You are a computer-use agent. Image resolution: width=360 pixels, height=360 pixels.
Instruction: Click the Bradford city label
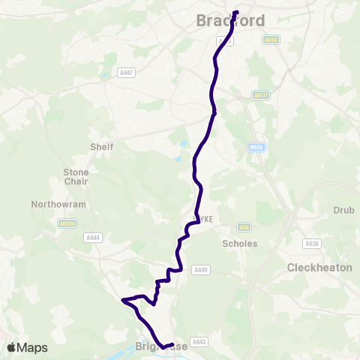(230, 21)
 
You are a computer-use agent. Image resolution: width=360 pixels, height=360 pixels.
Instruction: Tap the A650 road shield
(271, 40)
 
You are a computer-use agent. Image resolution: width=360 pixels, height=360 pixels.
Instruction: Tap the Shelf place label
(101, 147)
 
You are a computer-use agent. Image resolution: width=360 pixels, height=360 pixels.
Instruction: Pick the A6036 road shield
(67, 223)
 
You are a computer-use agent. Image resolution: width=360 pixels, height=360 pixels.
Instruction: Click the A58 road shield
(243, 227)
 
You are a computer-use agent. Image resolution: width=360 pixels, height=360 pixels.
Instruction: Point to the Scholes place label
(240, 244)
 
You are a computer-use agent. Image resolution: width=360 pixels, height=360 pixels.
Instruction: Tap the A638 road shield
(310, 244)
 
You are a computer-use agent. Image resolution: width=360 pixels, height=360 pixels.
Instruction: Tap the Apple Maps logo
(26, 347)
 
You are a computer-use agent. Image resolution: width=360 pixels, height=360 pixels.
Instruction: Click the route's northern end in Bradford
(235, 12)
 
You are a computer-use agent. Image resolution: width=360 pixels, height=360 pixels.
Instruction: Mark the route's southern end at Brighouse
(164, 347)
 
